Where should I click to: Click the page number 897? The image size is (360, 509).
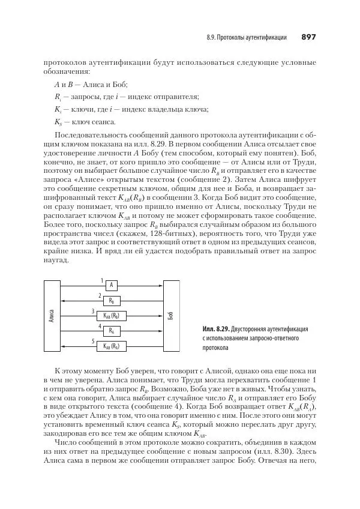308,37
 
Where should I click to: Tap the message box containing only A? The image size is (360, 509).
111,285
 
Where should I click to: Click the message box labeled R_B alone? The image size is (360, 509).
111,300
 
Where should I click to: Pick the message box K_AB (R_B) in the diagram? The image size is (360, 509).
111,316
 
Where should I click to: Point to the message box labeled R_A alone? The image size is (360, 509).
111,331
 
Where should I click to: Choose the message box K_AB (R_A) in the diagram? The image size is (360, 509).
111,346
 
